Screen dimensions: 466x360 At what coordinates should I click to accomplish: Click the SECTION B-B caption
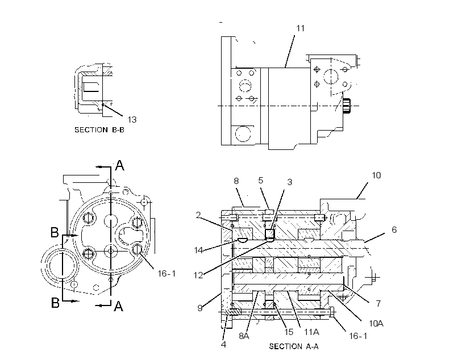(99, 130)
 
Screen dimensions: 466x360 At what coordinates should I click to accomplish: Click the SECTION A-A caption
(294, 346)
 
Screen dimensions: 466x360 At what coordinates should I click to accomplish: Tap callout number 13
(132, 120)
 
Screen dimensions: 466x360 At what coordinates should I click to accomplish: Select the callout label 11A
(311, 332)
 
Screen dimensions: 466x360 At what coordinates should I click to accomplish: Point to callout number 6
(394, 229)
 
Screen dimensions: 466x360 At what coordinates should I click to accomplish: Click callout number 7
(378, 303)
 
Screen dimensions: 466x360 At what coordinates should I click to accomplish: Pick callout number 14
(198, 250)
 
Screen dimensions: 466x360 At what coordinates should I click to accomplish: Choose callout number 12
(198, 275)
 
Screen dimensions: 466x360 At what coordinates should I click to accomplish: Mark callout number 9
(200, 308)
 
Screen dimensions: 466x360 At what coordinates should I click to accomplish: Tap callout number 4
(223, 344)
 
